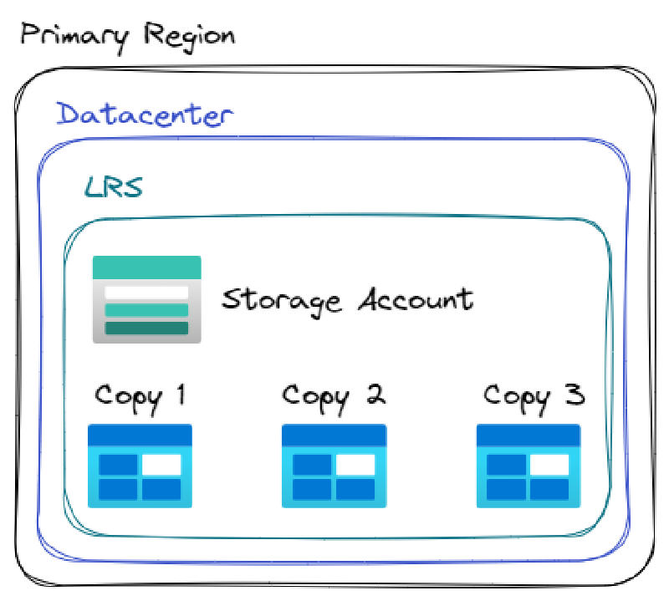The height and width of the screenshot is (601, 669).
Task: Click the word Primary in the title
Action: tap(75, 36)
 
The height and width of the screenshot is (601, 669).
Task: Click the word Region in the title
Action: tap(189, 36)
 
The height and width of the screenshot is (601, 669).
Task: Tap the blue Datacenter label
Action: tap(145, 115)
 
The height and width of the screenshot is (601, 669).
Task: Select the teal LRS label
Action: tap(114, 187)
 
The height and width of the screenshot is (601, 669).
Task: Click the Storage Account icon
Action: tap(146, 299)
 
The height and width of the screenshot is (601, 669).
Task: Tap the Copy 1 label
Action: tap(140, 395)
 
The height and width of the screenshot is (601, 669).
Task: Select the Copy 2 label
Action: tap(334, 395)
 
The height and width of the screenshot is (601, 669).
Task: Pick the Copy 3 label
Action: tap(534, 395)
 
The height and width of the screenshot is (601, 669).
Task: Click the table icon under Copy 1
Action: tap(140, 466)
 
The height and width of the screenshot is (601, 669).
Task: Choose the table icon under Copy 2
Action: tap(334, 466)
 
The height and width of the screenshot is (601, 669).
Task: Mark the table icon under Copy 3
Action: tap(529, 466)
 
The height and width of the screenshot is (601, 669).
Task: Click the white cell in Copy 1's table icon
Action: tap(161, 465)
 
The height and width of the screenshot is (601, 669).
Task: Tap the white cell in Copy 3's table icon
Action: tap(549, 465)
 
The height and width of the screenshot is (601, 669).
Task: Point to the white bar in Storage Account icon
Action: tap(146, 293)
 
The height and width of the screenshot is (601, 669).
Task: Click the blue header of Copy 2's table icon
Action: tap(334, 435)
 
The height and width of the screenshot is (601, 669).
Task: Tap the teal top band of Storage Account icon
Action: tap(146, 267)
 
